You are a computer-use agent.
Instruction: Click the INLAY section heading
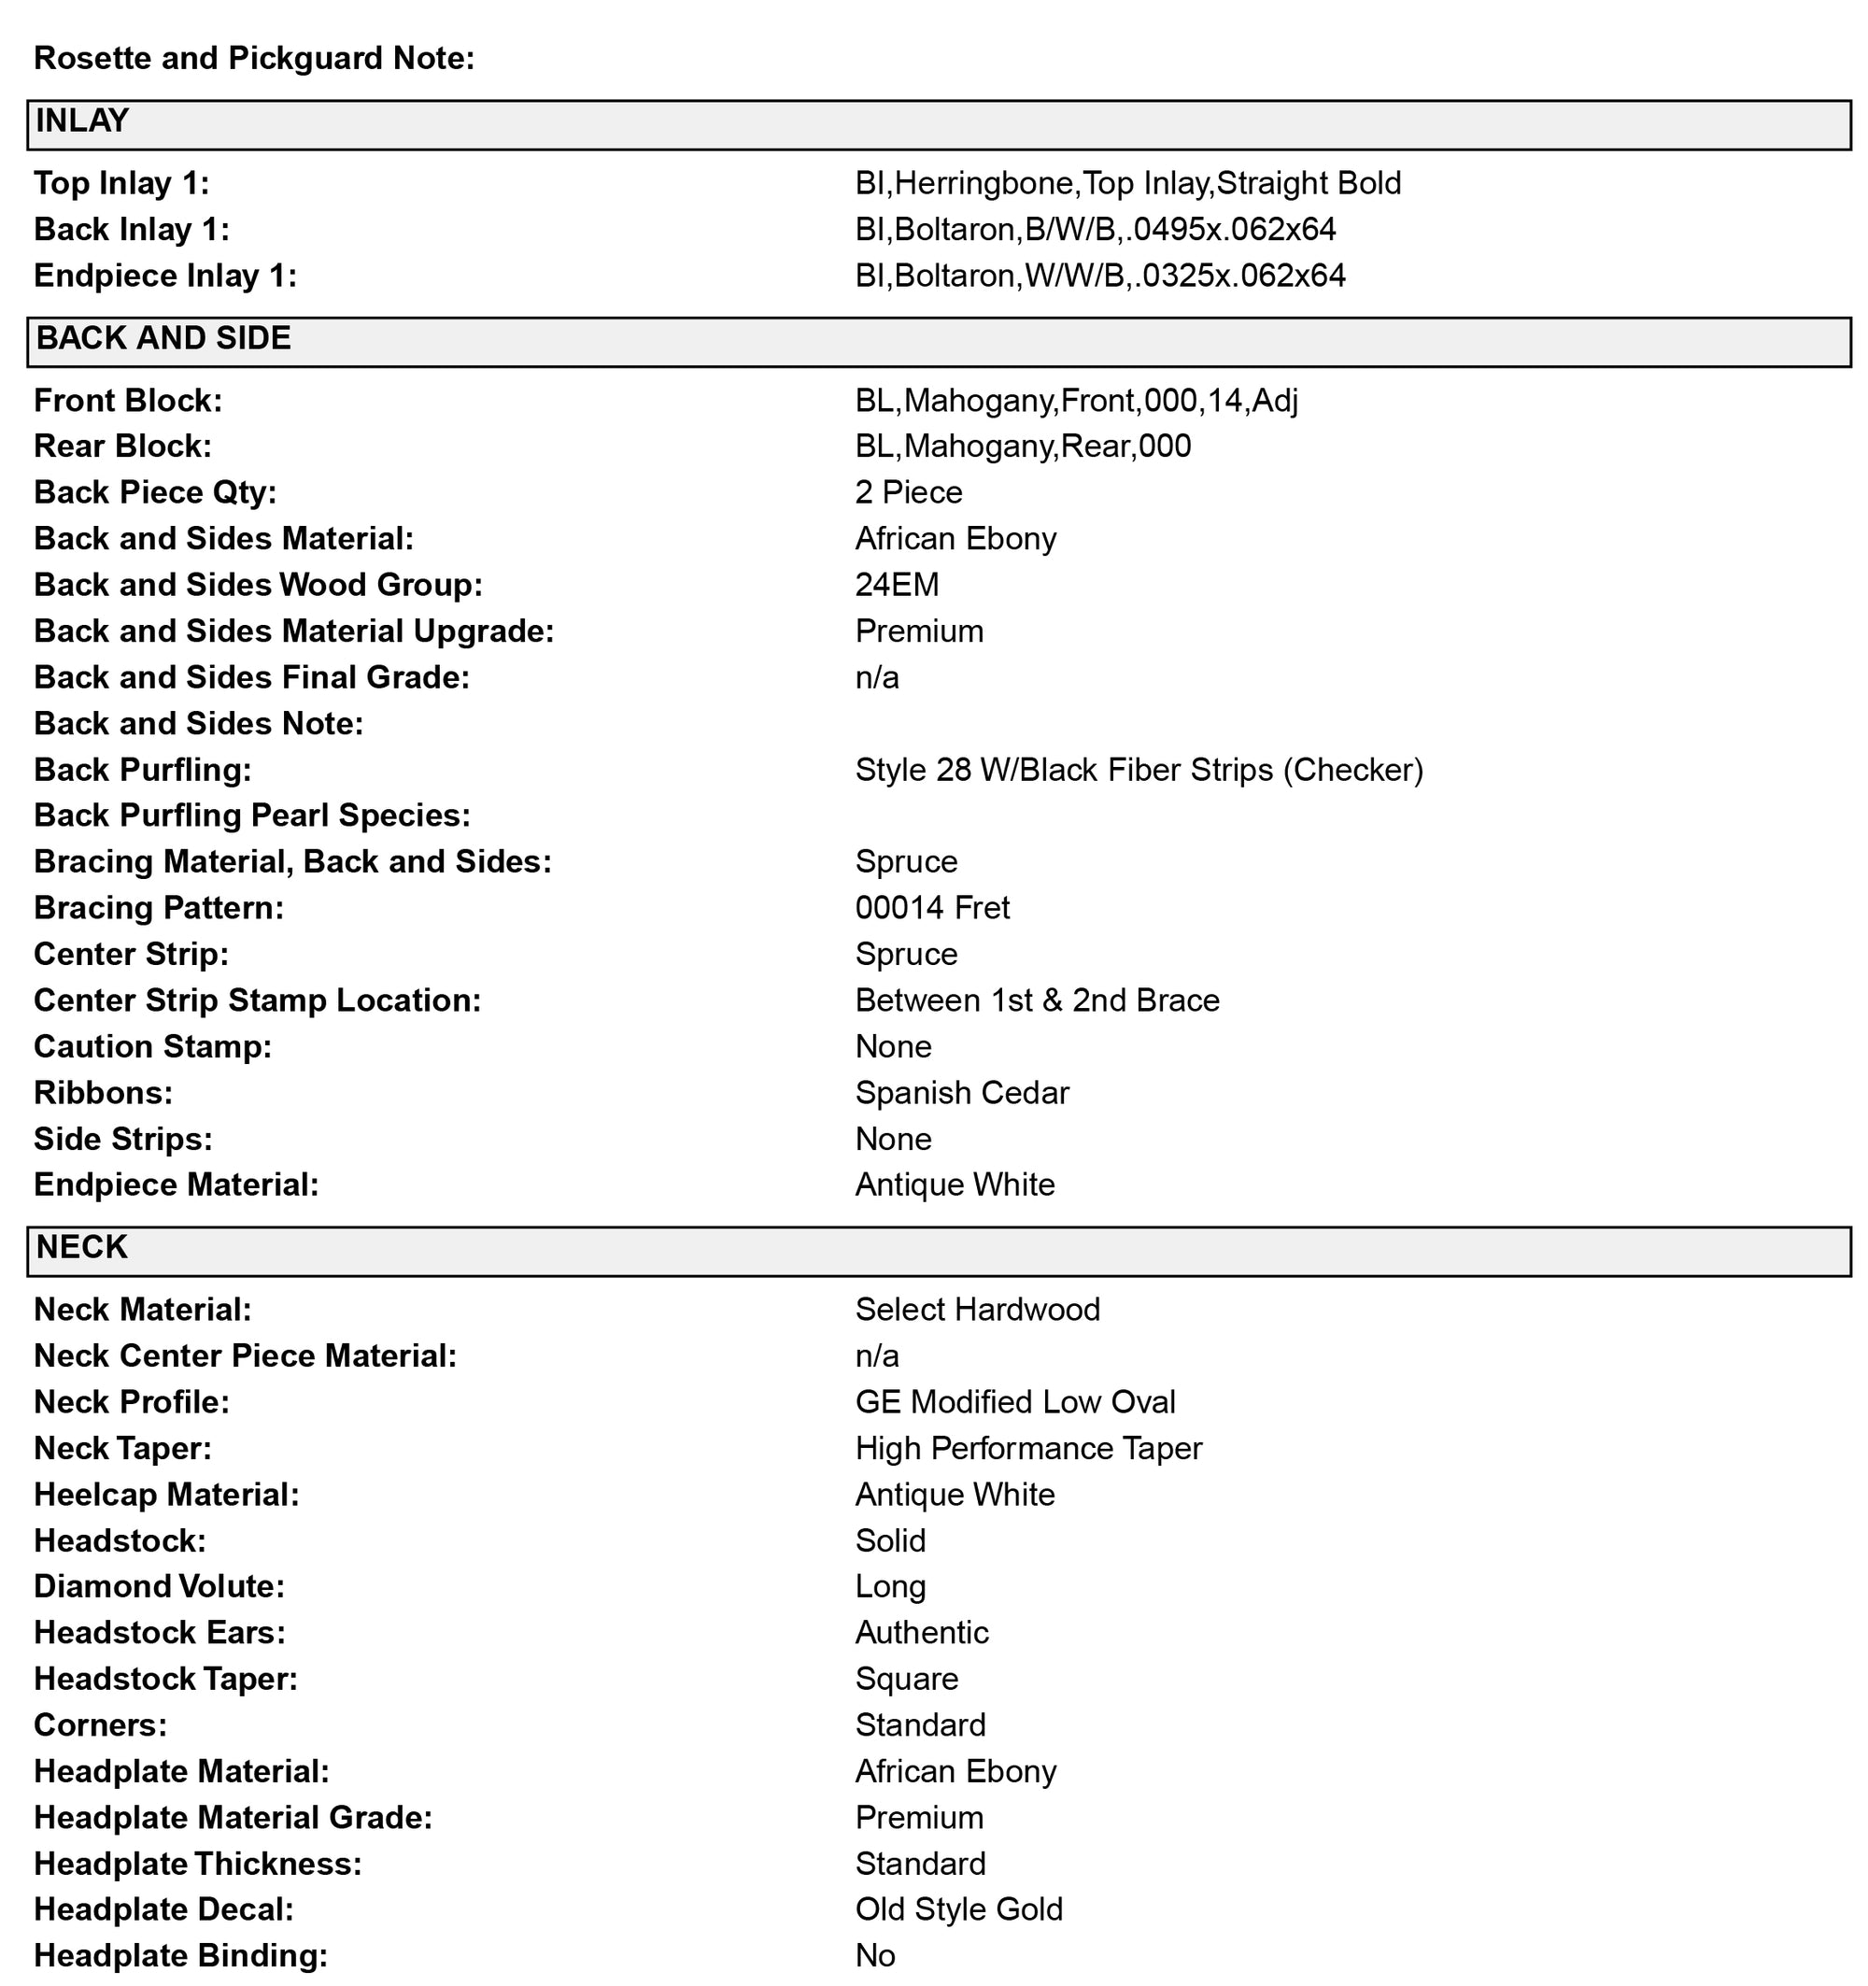pos(83,121)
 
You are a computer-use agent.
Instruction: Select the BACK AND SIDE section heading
pos(163,339)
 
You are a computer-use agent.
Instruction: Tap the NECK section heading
pos(82,1248)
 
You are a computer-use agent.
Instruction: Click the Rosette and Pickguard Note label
pos(254,58)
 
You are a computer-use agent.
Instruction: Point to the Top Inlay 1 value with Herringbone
pos(1126,184)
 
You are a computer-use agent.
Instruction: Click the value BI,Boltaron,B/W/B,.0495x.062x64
pos(1095,230)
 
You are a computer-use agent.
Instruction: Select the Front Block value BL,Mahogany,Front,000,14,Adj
pos(1076,402)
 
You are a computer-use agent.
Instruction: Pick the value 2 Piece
pos(908,492)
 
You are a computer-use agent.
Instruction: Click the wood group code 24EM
pos(896,586)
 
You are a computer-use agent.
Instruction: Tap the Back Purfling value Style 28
pos(1138,771)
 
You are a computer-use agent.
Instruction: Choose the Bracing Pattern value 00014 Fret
pos(931,908)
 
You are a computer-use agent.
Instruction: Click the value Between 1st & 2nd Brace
pos(1036,1001)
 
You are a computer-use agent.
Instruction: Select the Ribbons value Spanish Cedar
pos(961,1093)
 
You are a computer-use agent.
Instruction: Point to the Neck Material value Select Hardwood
pos(976,1310)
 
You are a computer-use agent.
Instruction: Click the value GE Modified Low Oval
pos(1014,1402)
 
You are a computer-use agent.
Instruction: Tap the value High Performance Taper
pos(1028,1449)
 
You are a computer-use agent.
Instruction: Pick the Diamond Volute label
pos(159,1587)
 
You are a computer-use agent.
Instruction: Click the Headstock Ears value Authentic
pos(921,1633)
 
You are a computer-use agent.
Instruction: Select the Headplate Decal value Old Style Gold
pos(958,1910)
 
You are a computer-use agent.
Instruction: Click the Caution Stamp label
pos(152,1047)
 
